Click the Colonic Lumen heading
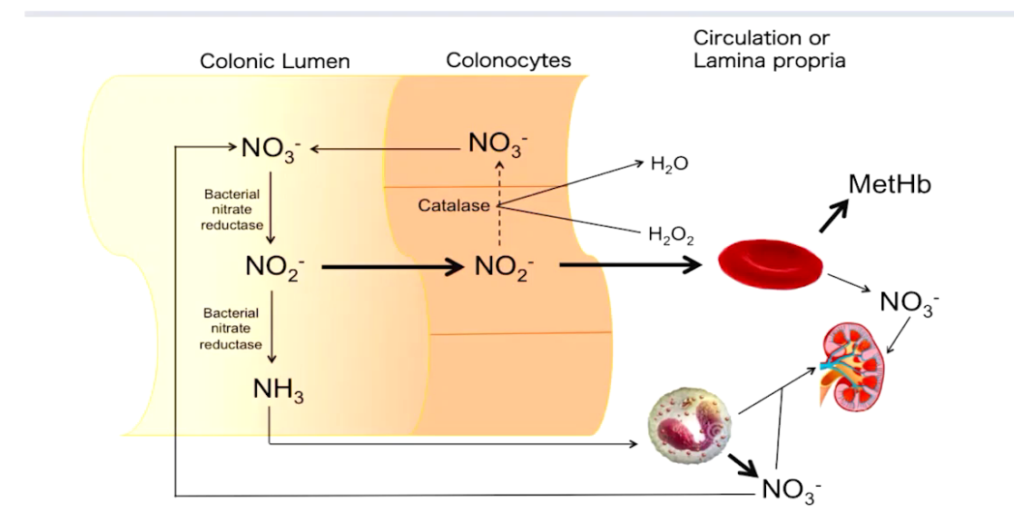pos(274,62)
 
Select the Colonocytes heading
pos(508,61)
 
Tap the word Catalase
pos(453,205)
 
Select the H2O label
pos(669,164)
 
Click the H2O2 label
pos(671,237)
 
